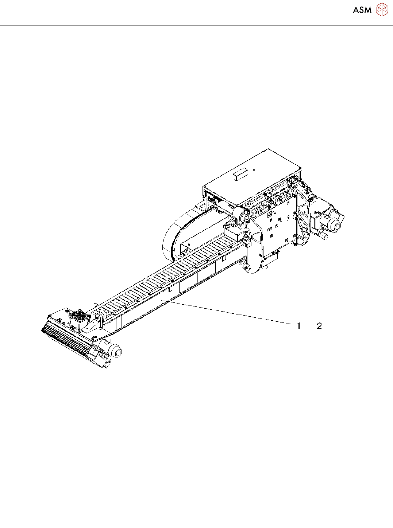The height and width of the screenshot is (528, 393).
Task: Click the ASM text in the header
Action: coord(362,10)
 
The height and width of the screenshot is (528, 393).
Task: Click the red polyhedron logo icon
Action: coord(382,9)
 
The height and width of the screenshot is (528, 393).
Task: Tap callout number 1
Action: coord(298,326)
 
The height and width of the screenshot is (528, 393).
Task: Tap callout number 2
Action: coord(319,326)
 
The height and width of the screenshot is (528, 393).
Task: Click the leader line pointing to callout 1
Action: coord(226,312)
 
